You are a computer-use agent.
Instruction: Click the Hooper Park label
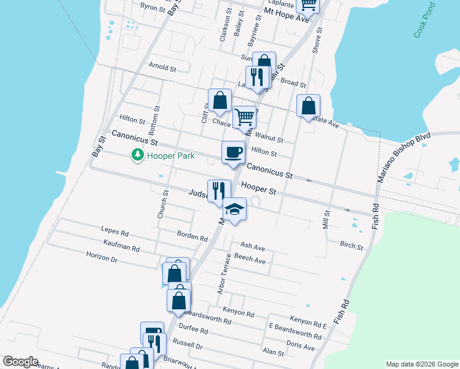(170, 156)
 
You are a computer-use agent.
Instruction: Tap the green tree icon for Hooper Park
(138, 156)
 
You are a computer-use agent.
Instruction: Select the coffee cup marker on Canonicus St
(233, 152)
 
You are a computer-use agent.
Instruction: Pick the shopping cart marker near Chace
(245, 116)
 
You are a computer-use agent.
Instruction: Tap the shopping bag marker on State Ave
(308, 105)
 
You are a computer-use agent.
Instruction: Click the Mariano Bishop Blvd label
(405, 157)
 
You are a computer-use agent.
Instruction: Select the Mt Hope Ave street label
(285, 15)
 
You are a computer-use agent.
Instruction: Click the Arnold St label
(162, 66)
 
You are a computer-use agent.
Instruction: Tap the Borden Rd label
(192, 236)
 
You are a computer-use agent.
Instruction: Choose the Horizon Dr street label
(101, 259)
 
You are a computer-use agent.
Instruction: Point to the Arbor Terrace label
(223, 273)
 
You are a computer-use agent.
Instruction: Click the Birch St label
(351, 245)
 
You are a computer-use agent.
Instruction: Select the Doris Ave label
(301, 347)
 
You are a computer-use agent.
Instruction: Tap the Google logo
(20, 362)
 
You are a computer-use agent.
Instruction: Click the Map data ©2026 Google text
(421, 364)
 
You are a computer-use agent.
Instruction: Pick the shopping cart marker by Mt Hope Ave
(308, 4)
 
